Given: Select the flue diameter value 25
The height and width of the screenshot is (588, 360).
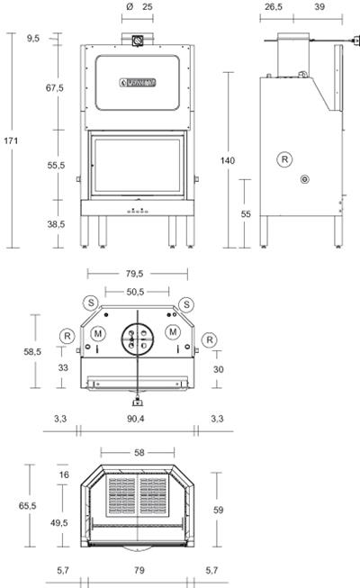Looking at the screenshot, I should point(148,6).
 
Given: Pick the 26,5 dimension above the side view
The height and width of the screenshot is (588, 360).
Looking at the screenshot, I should point(274,6).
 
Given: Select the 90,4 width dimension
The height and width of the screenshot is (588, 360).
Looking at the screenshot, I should point(138,420).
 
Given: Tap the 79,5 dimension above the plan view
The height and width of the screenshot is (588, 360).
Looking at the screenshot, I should point(138,274).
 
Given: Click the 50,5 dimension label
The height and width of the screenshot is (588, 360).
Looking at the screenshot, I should point(138,291).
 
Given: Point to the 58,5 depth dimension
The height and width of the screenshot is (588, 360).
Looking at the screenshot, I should point(31,352).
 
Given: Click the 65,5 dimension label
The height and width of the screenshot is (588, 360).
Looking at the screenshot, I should point(27,507).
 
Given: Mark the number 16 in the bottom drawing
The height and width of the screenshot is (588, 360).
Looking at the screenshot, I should point(63,475).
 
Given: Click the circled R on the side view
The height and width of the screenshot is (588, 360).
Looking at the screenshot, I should point(284,158).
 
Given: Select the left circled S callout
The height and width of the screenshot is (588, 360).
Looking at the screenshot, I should point(90,302).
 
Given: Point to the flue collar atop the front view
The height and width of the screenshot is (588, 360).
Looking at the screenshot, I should point(138,41).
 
